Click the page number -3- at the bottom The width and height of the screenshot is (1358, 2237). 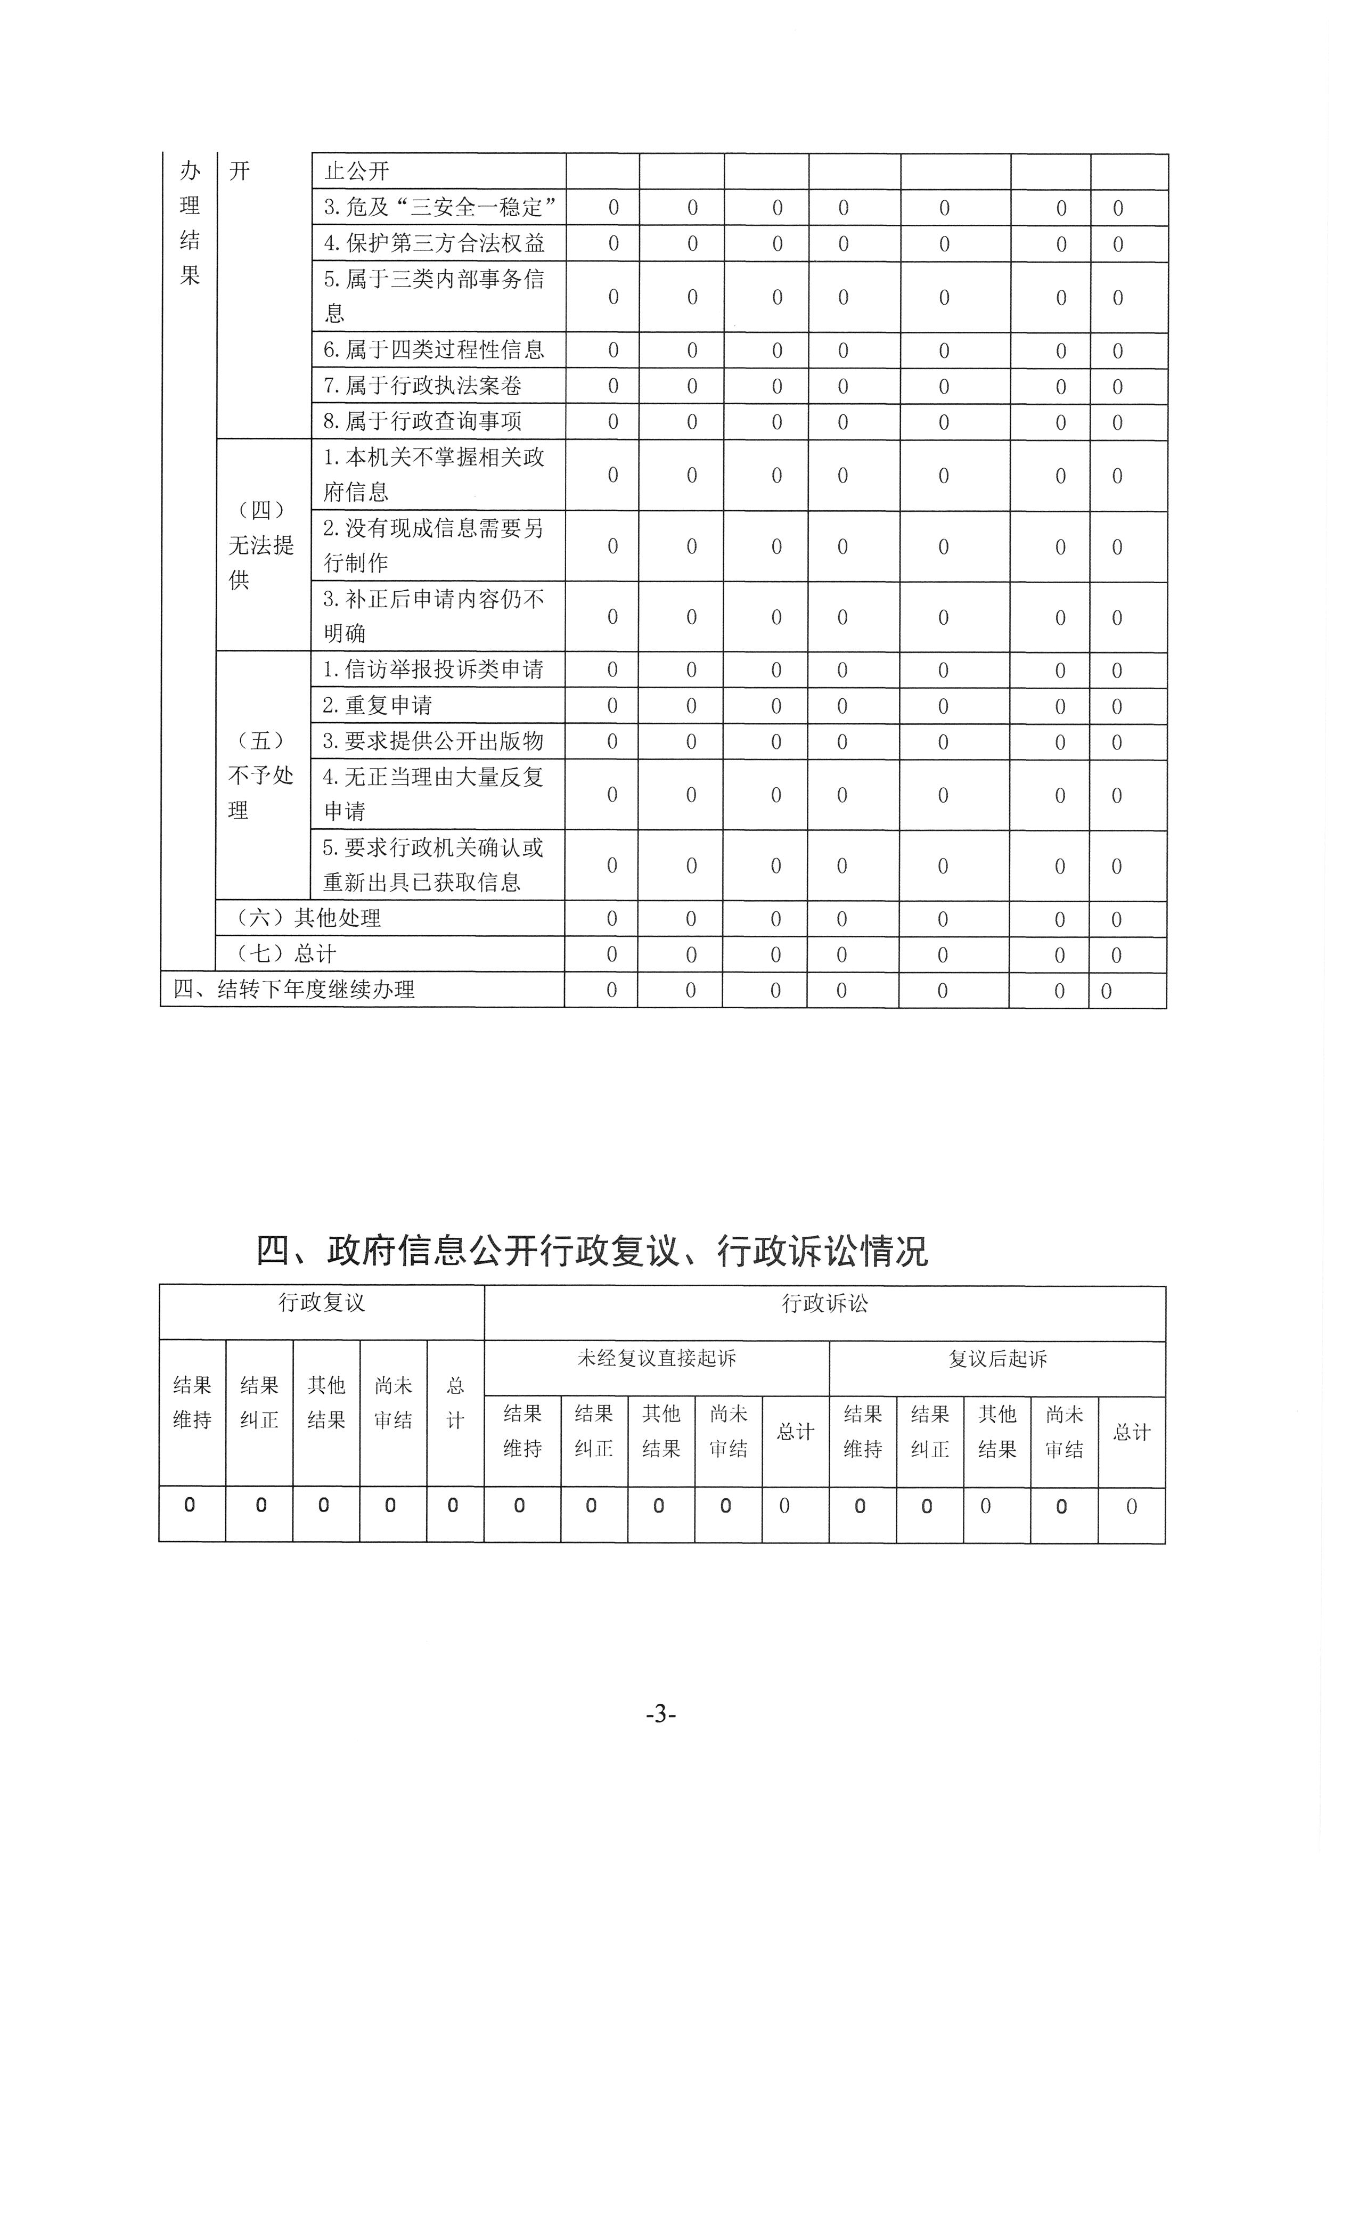(661, 1714)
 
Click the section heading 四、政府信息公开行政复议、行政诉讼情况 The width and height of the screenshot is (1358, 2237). (592, 1251)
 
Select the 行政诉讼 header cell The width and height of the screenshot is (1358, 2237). (824, 1304)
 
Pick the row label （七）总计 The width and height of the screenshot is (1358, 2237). (286, 954)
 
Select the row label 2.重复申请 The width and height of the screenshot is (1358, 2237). (378, 705)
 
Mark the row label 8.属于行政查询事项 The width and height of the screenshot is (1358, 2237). (423, 421)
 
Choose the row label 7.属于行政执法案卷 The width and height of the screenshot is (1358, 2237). (423, 386)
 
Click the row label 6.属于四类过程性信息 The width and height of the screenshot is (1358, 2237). (434, 349)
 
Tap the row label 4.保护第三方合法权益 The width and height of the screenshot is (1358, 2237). (434, 243)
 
